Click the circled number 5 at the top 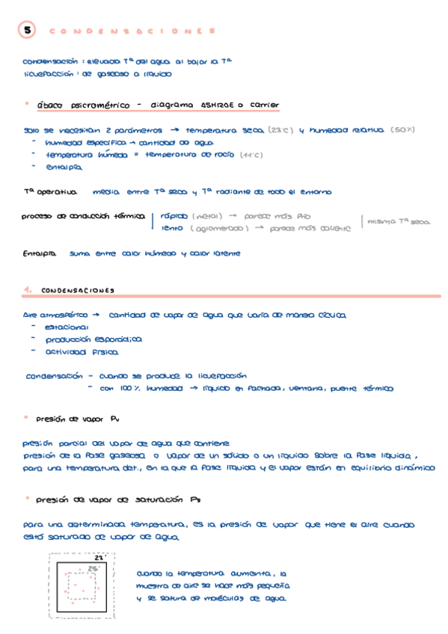pos(27,31)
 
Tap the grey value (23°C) pos(279,129)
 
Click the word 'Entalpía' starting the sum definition pos(40,254)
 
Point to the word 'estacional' pos(67,327)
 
